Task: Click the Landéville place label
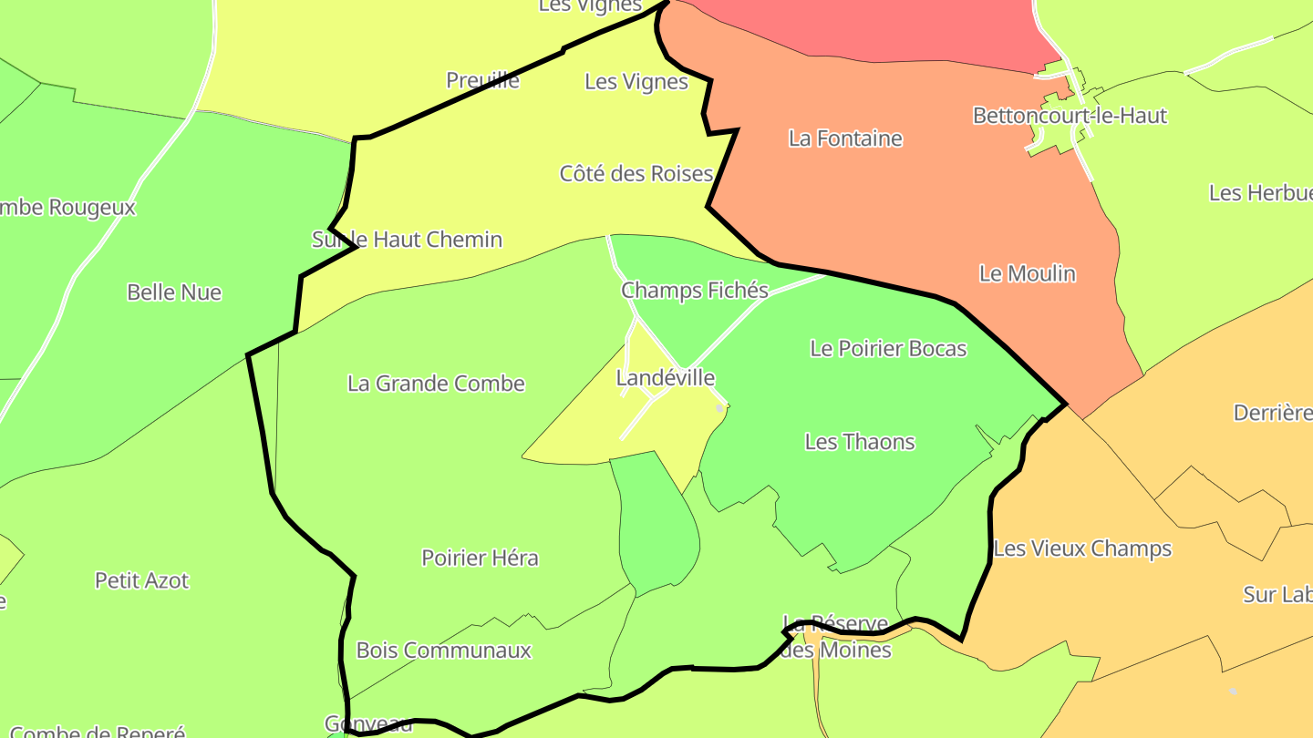click(665, 377)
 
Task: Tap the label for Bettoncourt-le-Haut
click(1069, 116)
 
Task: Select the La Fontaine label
click(845, 138)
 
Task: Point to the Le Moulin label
click(1027, 273)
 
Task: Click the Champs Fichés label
click(694, 291)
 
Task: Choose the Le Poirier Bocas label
click(887, 348)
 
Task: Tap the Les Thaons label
click(859, 442)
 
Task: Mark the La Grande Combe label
click(436, 384)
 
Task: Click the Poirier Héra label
click(480, 558)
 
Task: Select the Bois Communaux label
click(443, 651)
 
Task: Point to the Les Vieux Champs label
click(1081, 548)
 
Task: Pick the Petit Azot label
click(141, 580)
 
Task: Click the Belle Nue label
click(173, 292)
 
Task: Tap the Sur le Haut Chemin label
click(407, 240)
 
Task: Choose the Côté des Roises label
click(636, 173)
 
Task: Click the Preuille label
click(482, 80)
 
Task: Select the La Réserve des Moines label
click(836, 638)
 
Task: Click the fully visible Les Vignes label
click(636, 82)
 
